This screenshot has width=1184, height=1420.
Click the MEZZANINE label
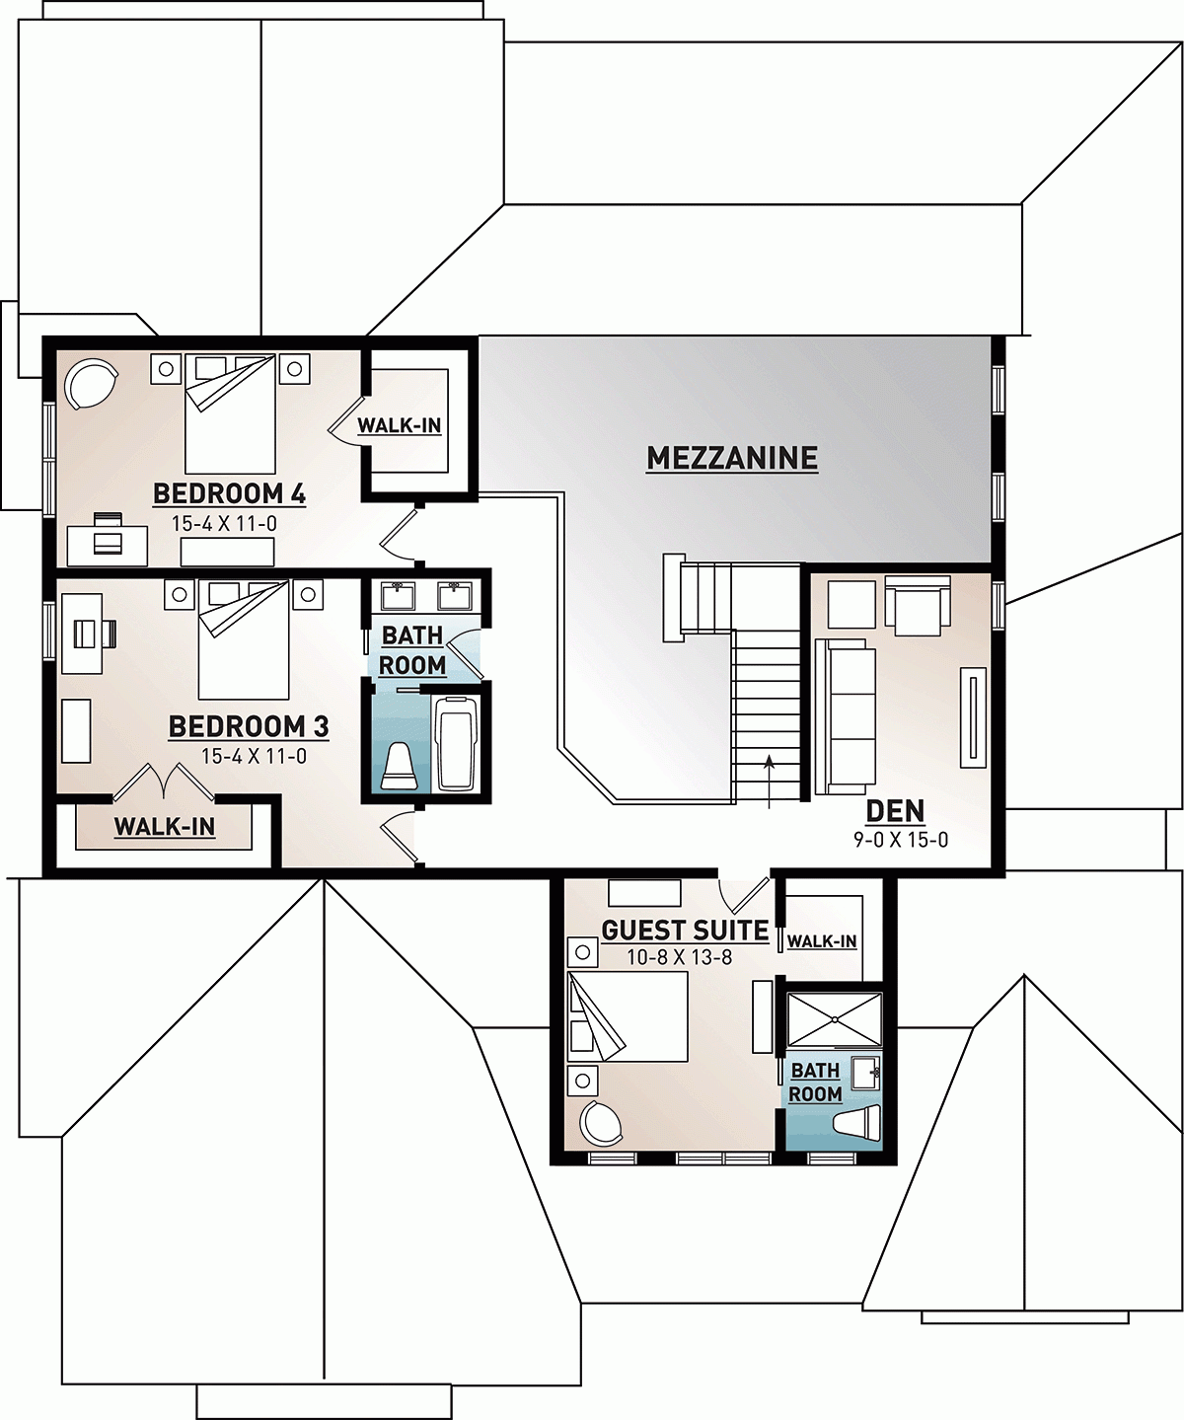click(x=732, y=458)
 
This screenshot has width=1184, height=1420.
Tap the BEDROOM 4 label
click(x=229, y=493)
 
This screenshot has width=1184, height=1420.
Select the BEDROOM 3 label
click(x=248, y=727)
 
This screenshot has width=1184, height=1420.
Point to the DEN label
click(x=895, y=811)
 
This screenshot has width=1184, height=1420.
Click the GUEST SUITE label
click(x=685, y=931)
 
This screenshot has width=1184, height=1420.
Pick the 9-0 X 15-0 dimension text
click(x=901, y=840)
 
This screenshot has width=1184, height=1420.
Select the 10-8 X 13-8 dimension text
click(x=679, y=957)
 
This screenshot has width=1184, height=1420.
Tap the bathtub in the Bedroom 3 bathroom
click(x=456, y=742)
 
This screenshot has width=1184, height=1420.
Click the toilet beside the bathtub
click(x=400, y=767)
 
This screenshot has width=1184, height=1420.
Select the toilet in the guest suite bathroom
click(x=856, y=1124)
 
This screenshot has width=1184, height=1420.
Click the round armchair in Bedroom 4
click(x=90, y=382)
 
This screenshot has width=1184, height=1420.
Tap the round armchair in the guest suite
click(x=600, y=1121)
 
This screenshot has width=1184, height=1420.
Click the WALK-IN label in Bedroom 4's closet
click(x=399, y=426)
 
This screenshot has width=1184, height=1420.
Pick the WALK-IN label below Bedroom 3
click(x=164, y=827)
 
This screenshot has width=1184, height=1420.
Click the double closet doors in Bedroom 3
click(x=163, y=782)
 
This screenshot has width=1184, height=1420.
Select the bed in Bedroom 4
click(x=230, y=412)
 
